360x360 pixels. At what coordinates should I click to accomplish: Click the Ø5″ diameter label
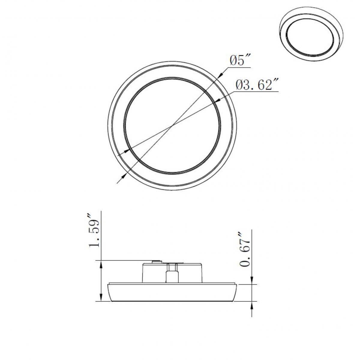coord(240,61)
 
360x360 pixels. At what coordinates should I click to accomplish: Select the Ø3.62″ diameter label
coord(257,85)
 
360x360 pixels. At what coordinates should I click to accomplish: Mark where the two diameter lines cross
coord(171,126)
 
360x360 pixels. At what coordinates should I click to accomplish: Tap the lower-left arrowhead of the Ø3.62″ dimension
coord(128,149)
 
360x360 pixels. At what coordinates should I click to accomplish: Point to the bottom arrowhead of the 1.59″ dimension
coord(101,298)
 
